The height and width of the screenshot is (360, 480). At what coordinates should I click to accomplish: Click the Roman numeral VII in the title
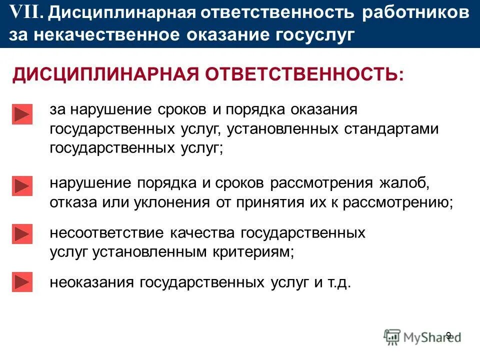click(x=26, y=13)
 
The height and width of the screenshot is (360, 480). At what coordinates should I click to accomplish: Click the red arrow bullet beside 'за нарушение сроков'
click(x=22, y=114)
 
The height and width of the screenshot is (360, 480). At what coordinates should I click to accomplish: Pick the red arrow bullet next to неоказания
click(x=22, y=282)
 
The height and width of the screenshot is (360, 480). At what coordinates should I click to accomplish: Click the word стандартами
click(x=391, y=129)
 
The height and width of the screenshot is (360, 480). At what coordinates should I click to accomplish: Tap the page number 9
click(x=448, y=335)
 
